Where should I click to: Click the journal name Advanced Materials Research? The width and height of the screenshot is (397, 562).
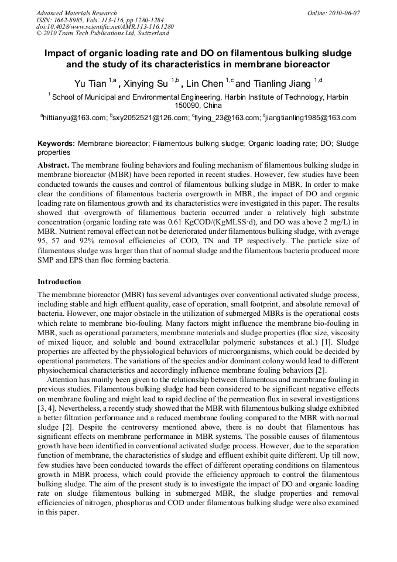pyautogui.click(x=76, y=13)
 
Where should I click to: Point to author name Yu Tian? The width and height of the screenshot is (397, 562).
pyautogui.click(x=90, y=83)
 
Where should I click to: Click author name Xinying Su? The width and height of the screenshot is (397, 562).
pyautogui.click(x=150, y=83)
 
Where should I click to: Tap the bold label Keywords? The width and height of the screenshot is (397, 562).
pyautogui.click(x=56, y=143)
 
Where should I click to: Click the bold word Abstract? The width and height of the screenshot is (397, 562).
pyautogui.click(x=54, y=166)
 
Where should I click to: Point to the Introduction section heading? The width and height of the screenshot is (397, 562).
pyautogui.click(x=59, y=281)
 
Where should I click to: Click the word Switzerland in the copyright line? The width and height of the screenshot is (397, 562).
pyautogui.click(x=149, y=34)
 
